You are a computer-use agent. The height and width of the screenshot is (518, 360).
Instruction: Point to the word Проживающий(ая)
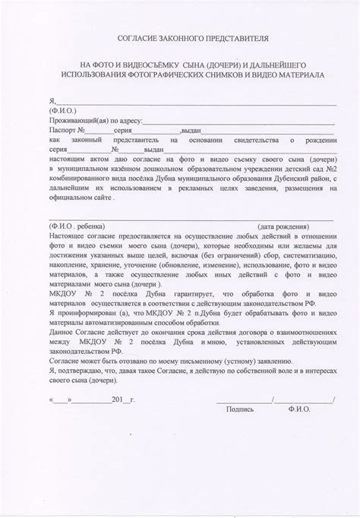(72, 120)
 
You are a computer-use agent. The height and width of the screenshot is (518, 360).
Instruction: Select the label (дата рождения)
(283, 226)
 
